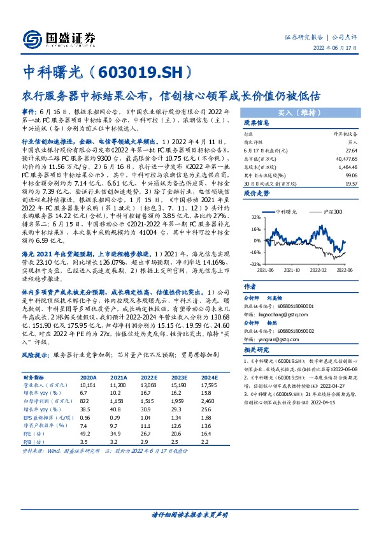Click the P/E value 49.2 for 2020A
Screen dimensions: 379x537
pos(85,431)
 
